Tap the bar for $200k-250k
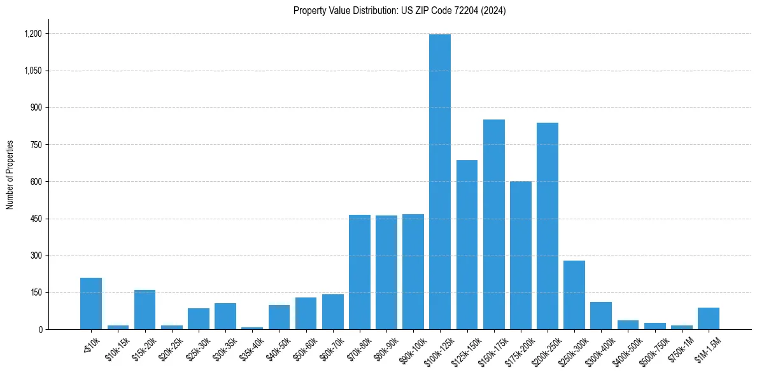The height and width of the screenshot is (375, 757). [548, 226]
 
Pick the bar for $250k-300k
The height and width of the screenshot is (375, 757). [574, 295]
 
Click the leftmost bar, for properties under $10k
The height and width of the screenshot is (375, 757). [91, 304]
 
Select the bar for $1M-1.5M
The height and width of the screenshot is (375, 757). [709, 318]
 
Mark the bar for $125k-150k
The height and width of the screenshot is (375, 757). [467, 245]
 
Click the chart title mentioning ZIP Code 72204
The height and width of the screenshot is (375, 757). [400, 11]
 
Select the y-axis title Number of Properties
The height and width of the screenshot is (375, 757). [10, 175]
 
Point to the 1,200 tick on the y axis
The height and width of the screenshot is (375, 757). [33, 34]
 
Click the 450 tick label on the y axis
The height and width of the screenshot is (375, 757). [36, 219]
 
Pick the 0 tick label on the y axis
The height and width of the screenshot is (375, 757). [40, 330]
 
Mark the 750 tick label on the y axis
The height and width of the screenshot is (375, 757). [36, 145]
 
